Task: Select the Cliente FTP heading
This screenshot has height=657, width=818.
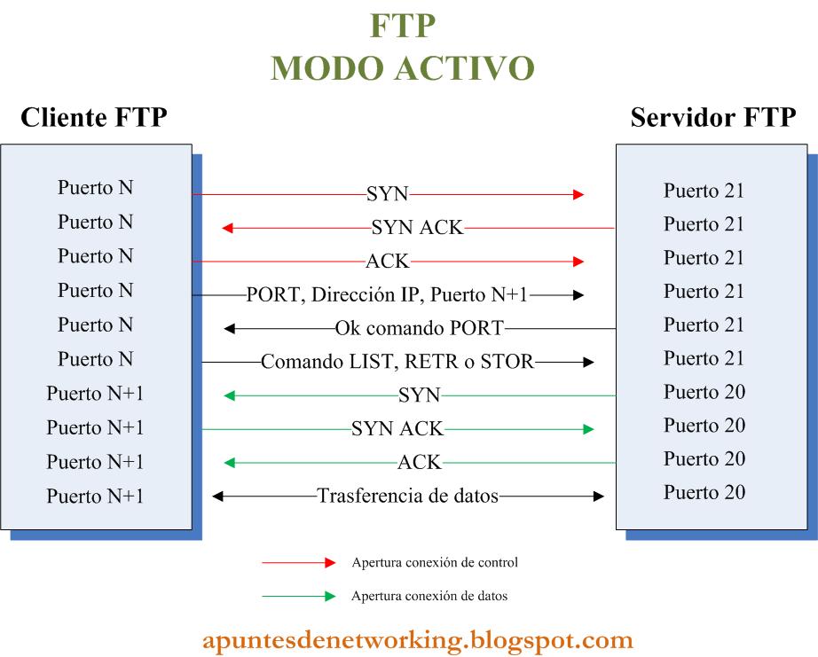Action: click(93, 117)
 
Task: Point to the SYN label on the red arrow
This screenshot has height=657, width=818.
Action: click(387, 193)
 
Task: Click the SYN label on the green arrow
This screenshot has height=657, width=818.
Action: click(419, 395)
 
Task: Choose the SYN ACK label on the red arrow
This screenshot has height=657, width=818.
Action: click(417, 228)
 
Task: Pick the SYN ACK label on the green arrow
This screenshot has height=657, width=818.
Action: click(397, 429)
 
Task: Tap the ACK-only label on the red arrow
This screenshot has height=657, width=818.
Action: click(387, 262)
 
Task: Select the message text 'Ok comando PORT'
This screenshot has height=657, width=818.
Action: click(419, 329)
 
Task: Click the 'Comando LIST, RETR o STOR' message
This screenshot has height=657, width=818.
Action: click(397, 362)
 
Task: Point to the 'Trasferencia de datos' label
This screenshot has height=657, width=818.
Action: click(408, 497)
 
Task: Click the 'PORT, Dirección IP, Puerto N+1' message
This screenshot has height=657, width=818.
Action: click(387, 295)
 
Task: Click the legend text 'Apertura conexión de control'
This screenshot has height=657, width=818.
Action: click(435, 562)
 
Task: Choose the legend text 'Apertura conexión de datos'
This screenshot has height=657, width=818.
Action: click(429, 597)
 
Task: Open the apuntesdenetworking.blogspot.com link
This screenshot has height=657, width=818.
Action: click(417, 639)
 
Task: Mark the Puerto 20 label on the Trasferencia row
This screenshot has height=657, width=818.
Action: click(704, 492)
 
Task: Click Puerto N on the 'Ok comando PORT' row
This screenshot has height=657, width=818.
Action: click(95, 325)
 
